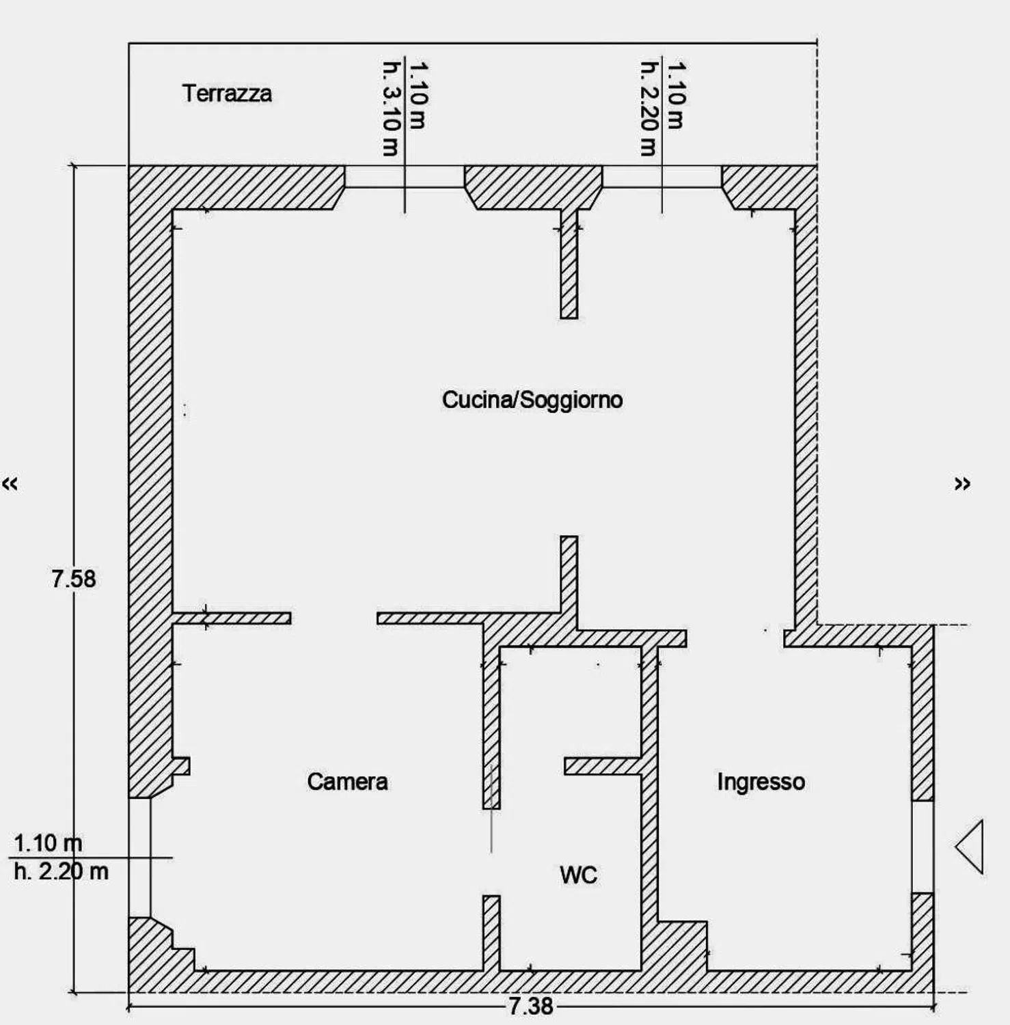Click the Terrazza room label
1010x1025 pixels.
pyautogui.click(x=227, y=94)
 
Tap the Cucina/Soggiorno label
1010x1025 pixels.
pyautogui.click(x=532, y=400)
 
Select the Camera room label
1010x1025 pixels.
pyautogui.click(x=347, y=781)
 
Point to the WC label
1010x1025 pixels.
pyautogui.click(x=578, y=875)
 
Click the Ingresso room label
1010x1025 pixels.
pyautogui.click(x=761, y=781)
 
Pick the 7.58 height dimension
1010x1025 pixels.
pyautogui.click(x=74, y=579)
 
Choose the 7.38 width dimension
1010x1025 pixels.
pyautogui.click(x=531, y=1006)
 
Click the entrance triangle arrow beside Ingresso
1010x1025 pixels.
pyautogui.click(x=970, y=847)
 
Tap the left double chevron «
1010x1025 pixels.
pyautogui.click(x=10, y=484)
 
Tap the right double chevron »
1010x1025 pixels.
pyautogui.click(x=962, y=484)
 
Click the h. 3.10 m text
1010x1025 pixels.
pyautogui.click(x=390, y=109)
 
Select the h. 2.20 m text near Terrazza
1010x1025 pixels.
pyautogui.click(x=649, y=109)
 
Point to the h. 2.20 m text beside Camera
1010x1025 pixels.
pyautogui.click(x=61, y=871)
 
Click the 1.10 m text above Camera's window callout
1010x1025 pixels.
pyautogui.click(x=48, y=843)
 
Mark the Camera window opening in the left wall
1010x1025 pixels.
pyautogui.click(x=139, y=858)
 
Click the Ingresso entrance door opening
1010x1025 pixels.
pyautogui.click(x=923, y=847)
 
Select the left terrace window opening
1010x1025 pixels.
pyautogui.click(x=405, y=176)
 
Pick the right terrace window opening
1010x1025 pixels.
pyautogui.click(x=662, y=176)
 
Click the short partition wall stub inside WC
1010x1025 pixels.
pyautogui.click(x=603, y=766)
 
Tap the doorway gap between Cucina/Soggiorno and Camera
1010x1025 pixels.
pyautogui.click(x=334, y=618)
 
